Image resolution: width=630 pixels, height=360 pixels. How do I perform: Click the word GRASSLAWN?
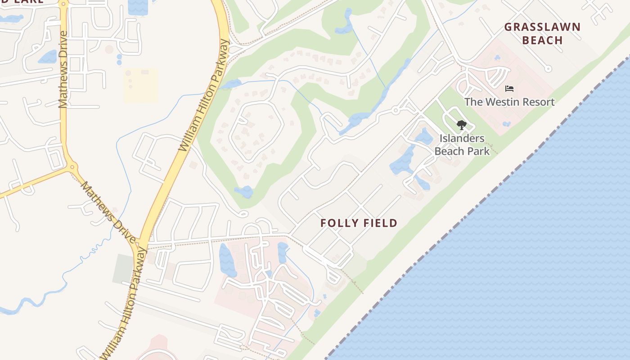(542, 27)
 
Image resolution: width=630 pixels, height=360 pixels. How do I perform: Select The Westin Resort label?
(509, 102)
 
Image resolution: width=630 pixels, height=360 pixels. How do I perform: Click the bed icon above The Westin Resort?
(509, 89)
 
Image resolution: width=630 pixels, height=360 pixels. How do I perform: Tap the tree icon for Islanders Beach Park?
(461, 125)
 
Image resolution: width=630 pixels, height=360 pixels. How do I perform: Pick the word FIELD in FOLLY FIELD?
(381, 223)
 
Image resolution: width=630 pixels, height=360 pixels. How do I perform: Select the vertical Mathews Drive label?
(63, 70)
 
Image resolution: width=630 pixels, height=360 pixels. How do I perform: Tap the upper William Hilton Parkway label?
(205, 95)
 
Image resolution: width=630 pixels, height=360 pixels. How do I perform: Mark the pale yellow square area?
(140, 85)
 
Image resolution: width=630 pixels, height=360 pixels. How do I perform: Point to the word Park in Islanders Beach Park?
(479, 151)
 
